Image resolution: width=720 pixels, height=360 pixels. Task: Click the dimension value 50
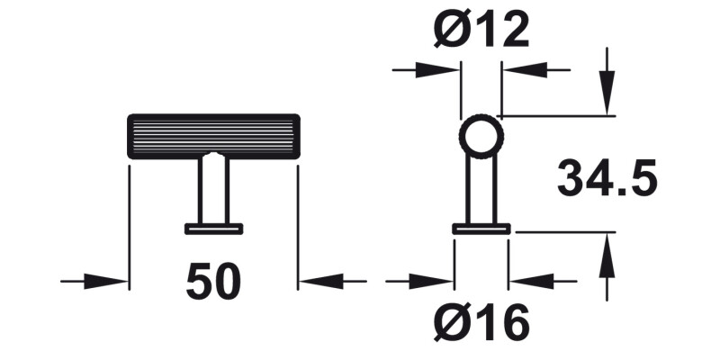pyautogui.click(x=214, y=282)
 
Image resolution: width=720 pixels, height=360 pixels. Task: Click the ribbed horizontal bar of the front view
pyautogui.click(x=214, y=135)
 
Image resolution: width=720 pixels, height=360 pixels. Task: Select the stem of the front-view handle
pyautogui.click(x=213, y=190)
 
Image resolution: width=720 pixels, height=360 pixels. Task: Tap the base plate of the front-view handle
pyautogui.click(x=213, y=229)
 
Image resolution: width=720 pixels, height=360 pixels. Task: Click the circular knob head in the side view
pyautogui.click(x=481, y=137)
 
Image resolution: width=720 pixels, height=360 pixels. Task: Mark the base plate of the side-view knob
pyautogui.click(x=481, y=229)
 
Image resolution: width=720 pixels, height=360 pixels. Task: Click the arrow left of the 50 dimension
pyautogui.click(x=108, y=282)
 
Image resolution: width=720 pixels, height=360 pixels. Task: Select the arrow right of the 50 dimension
pyautogui.click(x=319, y=282)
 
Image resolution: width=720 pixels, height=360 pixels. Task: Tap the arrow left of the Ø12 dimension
pyautogui.click(x=439, y=69)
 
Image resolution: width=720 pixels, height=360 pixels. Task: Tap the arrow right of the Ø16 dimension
pyautogui.click(x=531, y=282)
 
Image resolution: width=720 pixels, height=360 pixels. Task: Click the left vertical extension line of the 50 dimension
pyautogui.click(x=130, y=225)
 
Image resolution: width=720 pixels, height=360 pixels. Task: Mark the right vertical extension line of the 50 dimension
pyautogui.click(x=297, y=225)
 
